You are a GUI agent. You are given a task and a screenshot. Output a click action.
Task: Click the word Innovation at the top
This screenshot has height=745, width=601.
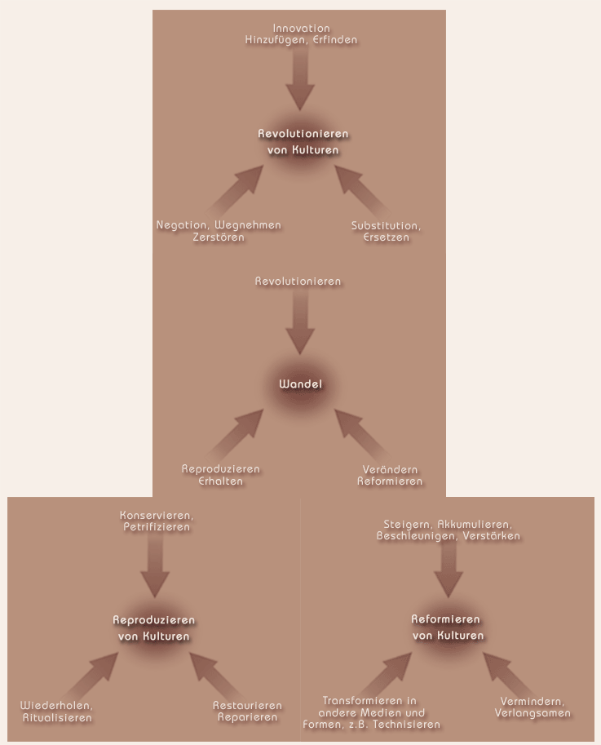click(x=301, y=28)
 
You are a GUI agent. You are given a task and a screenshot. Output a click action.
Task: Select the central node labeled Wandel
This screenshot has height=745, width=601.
click(x=300, y=384)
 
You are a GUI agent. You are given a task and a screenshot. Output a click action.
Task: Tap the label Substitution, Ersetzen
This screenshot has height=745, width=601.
click(x=386, y=232)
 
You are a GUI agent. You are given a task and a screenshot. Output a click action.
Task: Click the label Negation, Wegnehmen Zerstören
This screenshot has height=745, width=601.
click(x=219, y=231)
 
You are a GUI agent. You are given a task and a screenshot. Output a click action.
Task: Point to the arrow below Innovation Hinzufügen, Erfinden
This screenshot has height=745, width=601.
click(x=300, y=78)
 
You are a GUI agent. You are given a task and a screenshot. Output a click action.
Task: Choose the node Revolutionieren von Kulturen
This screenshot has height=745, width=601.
click(x=303, y=142)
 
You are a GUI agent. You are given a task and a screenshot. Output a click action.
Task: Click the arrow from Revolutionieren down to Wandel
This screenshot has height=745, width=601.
click(x=300, y=322)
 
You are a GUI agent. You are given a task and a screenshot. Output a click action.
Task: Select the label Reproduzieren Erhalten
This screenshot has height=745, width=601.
click(x=221, y=475)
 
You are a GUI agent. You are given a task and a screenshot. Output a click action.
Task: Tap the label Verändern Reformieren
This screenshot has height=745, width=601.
click(x=390, y=475)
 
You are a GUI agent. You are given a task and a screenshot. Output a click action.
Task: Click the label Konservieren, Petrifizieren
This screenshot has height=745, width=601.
click(x=157, y=521)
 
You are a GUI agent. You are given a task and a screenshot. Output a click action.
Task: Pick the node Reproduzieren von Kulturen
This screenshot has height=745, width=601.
click(x=154, y=628)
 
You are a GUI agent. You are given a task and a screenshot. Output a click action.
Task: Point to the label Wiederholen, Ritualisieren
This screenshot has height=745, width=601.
click(x=56, y=712)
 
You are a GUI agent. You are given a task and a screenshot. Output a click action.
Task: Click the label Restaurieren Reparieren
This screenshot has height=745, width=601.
click(x=247, y=712)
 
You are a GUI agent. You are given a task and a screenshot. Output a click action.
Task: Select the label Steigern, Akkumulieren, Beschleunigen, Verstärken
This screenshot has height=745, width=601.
click(x=449, y=530)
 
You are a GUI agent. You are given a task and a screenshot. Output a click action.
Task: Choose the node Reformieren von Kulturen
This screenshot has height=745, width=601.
click(x=448, y=627)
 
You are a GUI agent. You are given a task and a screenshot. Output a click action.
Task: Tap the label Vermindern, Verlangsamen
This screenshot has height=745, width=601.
click(x=533, y=707)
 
